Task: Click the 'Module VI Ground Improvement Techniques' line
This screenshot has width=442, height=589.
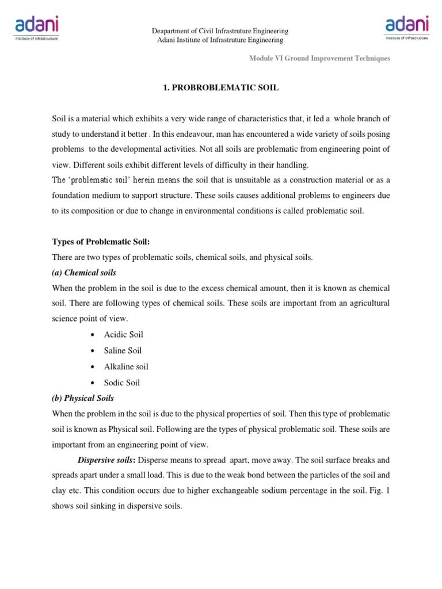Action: [x=319, y=58]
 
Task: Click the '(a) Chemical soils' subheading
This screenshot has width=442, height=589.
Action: [x=84, y=272]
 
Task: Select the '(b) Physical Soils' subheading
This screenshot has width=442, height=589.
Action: [x=83, y=397]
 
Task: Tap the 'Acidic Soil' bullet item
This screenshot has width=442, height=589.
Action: [x=123, y=334]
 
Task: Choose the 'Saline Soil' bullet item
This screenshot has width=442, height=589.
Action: [x=123, y=350]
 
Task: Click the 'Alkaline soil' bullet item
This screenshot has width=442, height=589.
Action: [x=126, y=366]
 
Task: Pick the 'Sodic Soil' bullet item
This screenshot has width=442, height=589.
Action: [x=122, y=383]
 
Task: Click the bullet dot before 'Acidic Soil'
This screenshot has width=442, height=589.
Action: [x=92, y=335]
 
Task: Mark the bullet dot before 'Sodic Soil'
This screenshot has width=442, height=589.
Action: [x=92, y=383]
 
